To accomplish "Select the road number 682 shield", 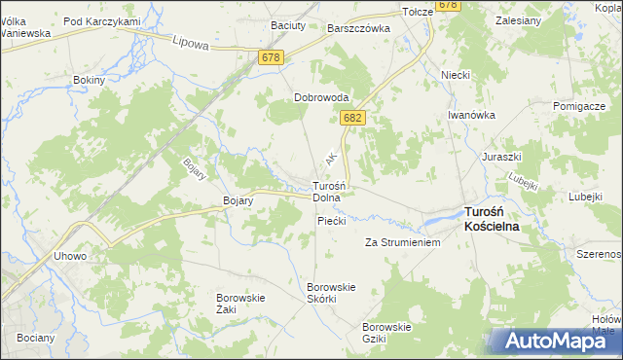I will pos(352,118).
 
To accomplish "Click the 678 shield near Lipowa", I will pos(273,58).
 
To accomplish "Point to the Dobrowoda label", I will pos(322,97).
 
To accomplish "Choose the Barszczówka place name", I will pos(359,29).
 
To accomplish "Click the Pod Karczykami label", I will pos(101,21).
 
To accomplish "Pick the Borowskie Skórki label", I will pos(332,292).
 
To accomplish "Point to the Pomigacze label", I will pos(579,105).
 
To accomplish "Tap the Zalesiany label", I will pos(519,19).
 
